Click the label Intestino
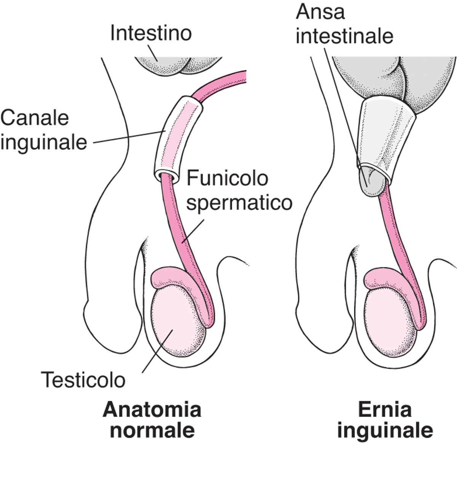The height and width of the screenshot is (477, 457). [151, 34]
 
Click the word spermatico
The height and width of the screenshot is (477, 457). [240, 203]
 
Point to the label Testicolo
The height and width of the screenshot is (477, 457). [83, 380]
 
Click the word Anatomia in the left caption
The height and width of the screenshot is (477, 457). [152, 411]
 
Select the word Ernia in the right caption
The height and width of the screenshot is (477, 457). [385, 411]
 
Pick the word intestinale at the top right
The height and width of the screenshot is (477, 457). [345, 37]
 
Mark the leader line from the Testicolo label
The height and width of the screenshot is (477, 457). [156, 351]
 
